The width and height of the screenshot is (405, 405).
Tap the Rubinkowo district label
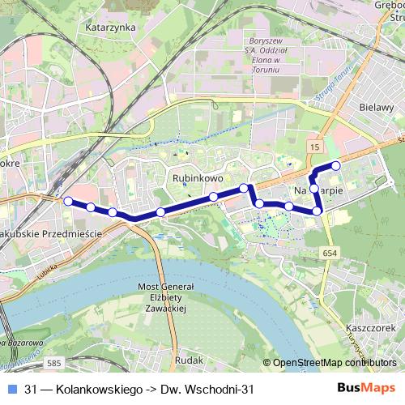[192, 175]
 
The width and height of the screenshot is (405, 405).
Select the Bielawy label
[375, 106]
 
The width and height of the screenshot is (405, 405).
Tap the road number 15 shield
[314, 146]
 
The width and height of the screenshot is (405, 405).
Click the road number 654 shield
[329, 254]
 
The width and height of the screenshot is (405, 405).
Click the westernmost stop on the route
[68, 201]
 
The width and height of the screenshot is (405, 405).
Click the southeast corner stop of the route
[318, 211]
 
